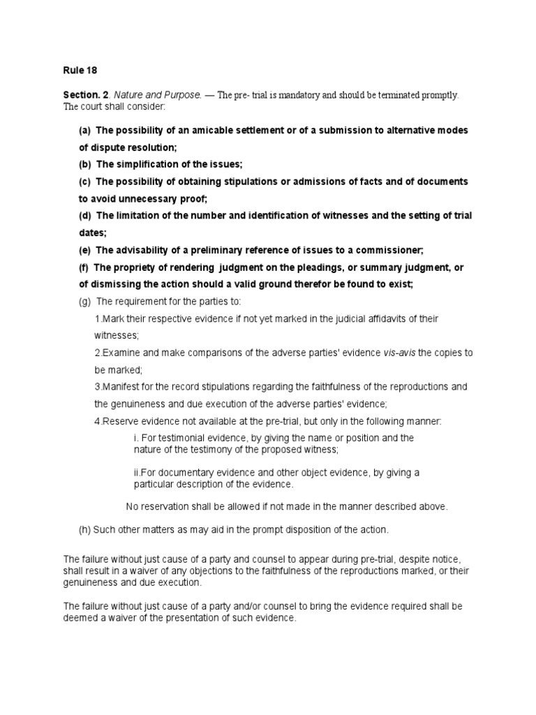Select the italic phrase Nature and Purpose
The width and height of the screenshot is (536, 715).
point(154,95)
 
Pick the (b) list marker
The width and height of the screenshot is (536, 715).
point(84,164)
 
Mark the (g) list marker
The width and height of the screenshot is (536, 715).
point(85,301)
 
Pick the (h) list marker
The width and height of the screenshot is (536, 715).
point(84,530)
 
